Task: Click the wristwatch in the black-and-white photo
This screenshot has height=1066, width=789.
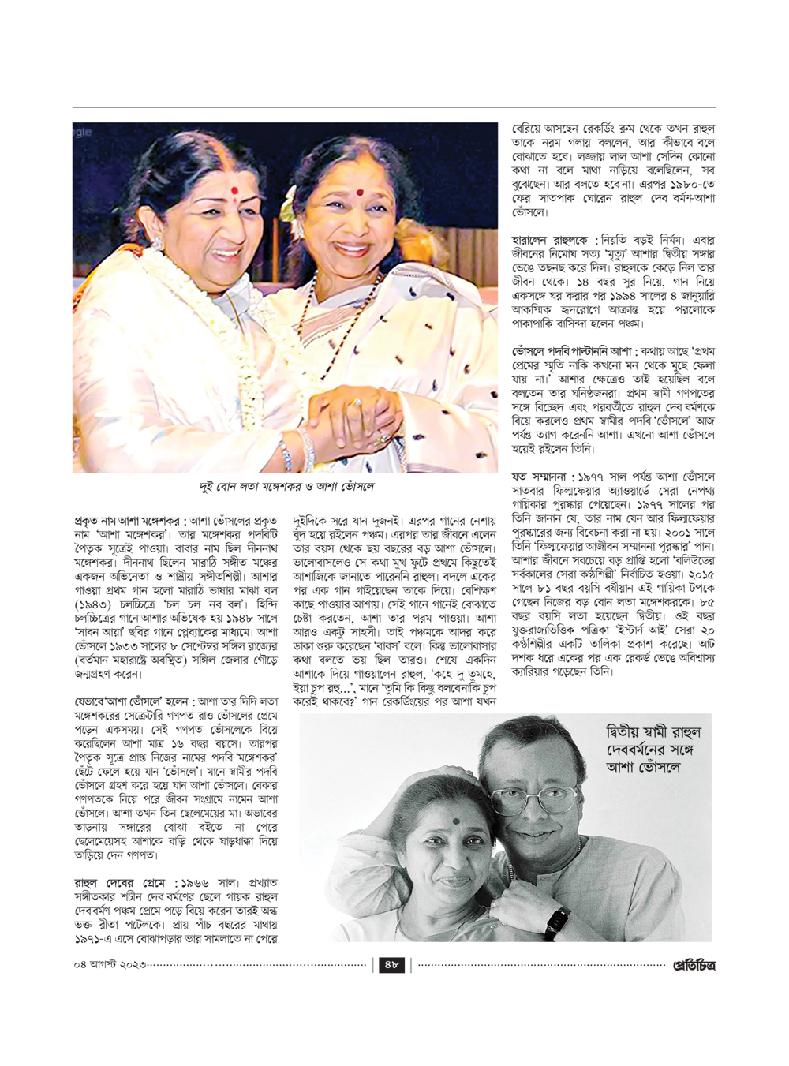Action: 557,920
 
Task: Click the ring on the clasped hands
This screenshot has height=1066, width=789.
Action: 357,402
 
